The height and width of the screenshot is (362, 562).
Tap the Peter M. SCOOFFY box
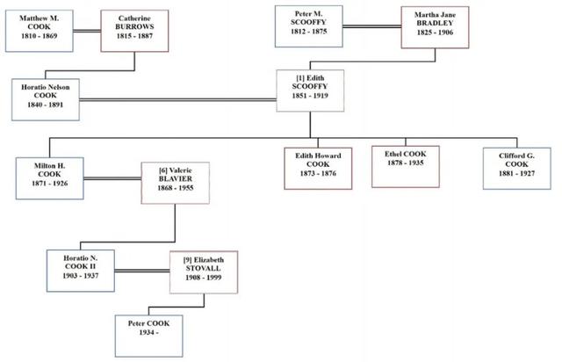pos(308,27)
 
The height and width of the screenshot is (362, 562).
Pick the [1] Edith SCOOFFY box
pos(311,90)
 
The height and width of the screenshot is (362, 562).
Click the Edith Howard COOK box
pos(317,166)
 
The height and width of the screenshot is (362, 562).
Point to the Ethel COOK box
pos(405,165)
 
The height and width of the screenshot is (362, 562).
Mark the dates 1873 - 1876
pos(317,176)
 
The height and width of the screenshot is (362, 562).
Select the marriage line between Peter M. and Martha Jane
pos(371,27)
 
